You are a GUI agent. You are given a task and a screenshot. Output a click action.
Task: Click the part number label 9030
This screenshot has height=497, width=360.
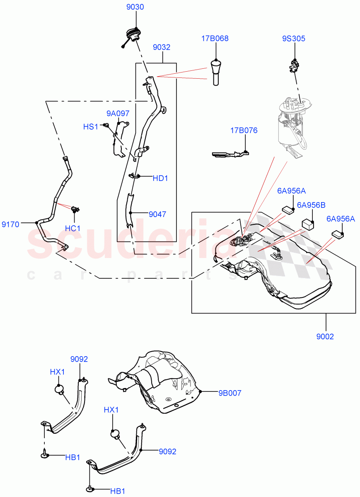point(135,7)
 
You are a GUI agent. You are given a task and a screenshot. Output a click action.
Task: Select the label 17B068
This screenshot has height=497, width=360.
point(215,39)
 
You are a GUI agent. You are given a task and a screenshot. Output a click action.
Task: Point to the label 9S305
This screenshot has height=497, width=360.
point(294,39)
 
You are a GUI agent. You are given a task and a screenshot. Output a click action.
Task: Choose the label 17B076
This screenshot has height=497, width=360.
point(244,130)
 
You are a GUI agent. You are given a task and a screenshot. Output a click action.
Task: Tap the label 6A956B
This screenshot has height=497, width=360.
point(311,205)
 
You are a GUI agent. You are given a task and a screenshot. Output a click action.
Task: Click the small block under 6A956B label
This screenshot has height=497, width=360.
point(307,224)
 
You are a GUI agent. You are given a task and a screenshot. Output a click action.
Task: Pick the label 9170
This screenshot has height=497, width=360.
point(10,224)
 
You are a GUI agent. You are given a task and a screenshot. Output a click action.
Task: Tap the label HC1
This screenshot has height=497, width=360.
point(73,228)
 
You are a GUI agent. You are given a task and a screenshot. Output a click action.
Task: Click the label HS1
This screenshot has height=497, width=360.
point(90,127)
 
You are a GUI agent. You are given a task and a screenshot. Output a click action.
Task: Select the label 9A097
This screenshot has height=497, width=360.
point(118,113)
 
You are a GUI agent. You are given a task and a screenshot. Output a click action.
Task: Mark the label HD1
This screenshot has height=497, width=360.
point(160,179)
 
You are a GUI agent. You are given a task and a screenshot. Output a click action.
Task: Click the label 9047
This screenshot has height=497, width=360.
point(157,214)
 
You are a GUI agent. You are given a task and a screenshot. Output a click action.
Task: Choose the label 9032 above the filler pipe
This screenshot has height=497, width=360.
point(162,48)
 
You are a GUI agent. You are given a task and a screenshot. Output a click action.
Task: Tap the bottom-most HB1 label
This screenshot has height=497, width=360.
point(118,491)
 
